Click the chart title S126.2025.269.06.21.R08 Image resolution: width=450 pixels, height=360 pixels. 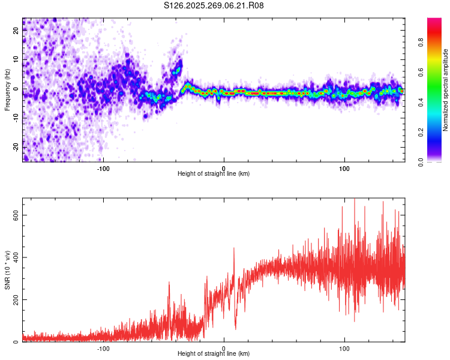click(x=214, y=5)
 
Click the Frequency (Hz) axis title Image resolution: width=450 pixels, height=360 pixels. click(x=7, y=90)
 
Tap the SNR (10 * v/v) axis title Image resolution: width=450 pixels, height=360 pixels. click(x=7, y=270)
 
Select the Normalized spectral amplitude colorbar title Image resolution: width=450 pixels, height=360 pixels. click(x=446, y=90)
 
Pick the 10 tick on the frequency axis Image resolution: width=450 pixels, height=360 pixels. click(x=16, y=60)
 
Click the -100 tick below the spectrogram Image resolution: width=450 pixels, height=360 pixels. click(x=103, y=167)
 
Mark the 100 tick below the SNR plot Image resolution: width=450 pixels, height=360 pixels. click(x=344, y=348)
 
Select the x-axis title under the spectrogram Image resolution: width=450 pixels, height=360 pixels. click(x=214, y=174)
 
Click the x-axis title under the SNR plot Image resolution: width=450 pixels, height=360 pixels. click(x=214, y=355)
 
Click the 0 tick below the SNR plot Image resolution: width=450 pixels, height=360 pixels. click(x=224, y=348)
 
